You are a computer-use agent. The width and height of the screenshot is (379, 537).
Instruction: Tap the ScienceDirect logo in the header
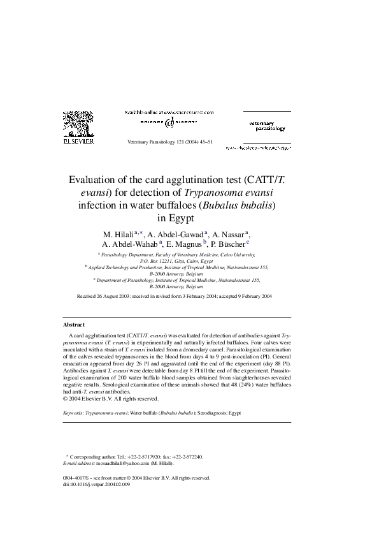tap(169, 121)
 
